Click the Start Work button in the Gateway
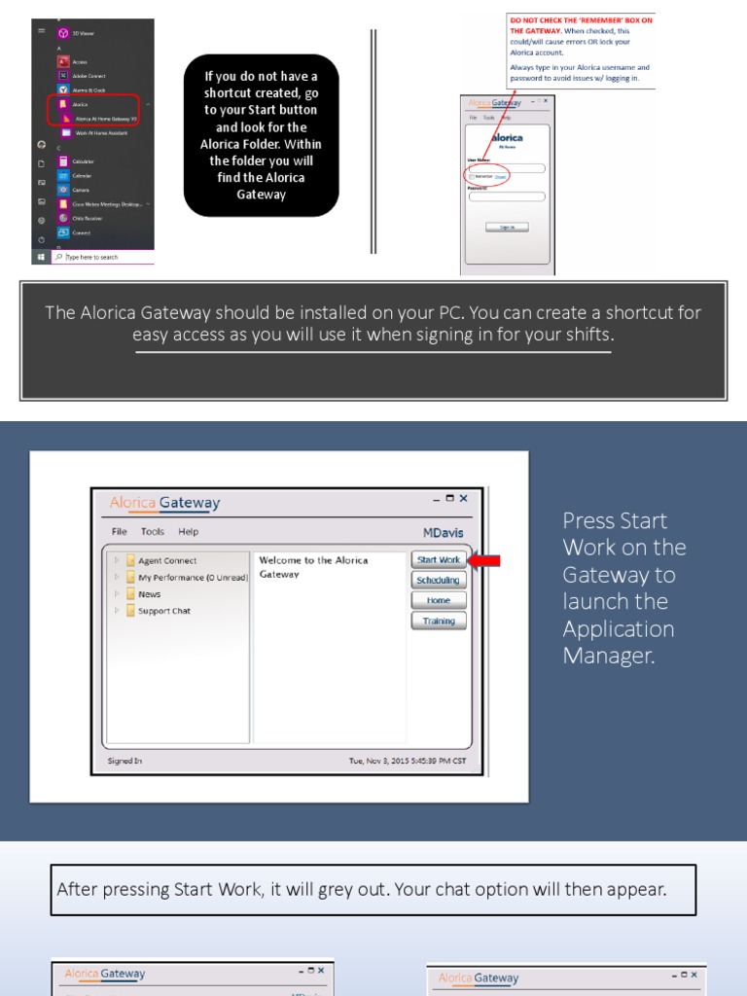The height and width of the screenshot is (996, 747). [439, 560]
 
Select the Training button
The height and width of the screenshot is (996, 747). [439, 621]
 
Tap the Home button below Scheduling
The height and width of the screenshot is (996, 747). [439, 600]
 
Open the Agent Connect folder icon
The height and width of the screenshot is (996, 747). [130, 561]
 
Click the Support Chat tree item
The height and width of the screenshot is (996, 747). [163, 611]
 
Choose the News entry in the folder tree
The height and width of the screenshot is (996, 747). [149, 594]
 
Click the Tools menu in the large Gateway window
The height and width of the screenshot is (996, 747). [152, 532]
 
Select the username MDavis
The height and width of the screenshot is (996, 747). [444, 533]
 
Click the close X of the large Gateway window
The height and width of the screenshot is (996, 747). [464, 499]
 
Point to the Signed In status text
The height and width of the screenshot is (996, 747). [124, 761]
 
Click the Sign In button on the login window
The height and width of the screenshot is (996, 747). [507, 227]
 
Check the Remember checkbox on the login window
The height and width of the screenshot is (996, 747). [471, 177]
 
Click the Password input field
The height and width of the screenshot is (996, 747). [507, 196]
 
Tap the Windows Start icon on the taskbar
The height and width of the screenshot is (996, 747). [41, 257]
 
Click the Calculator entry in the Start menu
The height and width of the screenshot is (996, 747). [81, 161]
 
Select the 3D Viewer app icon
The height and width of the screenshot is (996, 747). [63, 33]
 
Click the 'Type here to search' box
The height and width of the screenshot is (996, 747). [102, 257]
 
